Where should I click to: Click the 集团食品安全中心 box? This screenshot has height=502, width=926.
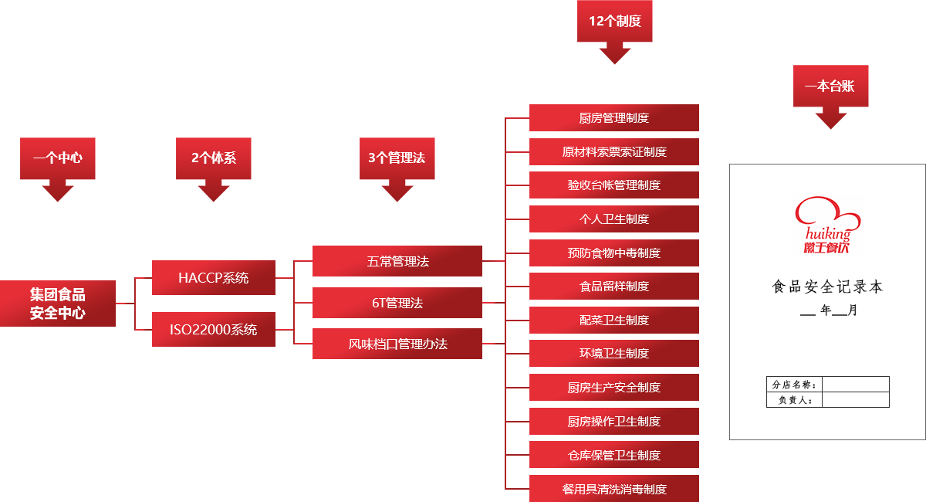[58, 304]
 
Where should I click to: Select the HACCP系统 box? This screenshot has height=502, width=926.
[213, 277]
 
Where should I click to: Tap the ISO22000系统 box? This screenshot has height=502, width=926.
[213, 330]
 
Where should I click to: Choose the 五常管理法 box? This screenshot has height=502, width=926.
[397, 261]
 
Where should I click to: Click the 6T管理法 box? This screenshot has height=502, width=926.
[397, 303]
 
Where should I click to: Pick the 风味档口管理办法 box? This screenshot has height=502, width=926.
[397, 344]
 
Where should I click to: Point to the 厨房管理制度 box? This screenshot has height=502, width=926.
[614, 117]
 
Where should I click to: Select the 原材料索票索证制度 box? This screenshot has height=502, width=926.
[614, 151]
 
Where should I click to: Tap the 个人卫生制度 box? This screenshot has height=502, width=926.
[614, 219]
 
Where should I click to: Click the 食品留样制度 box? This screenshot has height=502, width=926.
[614, 286]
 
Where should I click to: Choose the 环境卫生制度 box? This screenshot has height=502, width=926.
[614, 353]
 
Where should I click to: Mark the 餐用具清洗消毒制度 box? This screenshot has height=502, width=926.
[614, 489]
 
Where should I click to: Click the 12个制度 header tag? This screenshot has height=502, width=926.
[615, 22]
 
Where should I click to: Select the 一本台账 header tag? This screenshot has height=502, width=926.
[830, 86]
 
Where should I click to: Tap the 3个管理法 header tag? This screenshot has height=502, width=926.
[397, 158]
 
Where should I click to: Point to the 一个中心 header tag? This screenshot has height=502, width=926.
[58, 158]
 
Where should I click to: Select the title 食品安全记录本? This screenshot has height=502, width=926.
[827, 287]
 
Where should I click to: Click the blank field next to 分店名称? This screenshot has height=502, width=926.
[856, 384]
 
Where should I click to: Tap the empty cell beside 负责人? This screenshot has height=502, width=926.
[856, 399]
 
